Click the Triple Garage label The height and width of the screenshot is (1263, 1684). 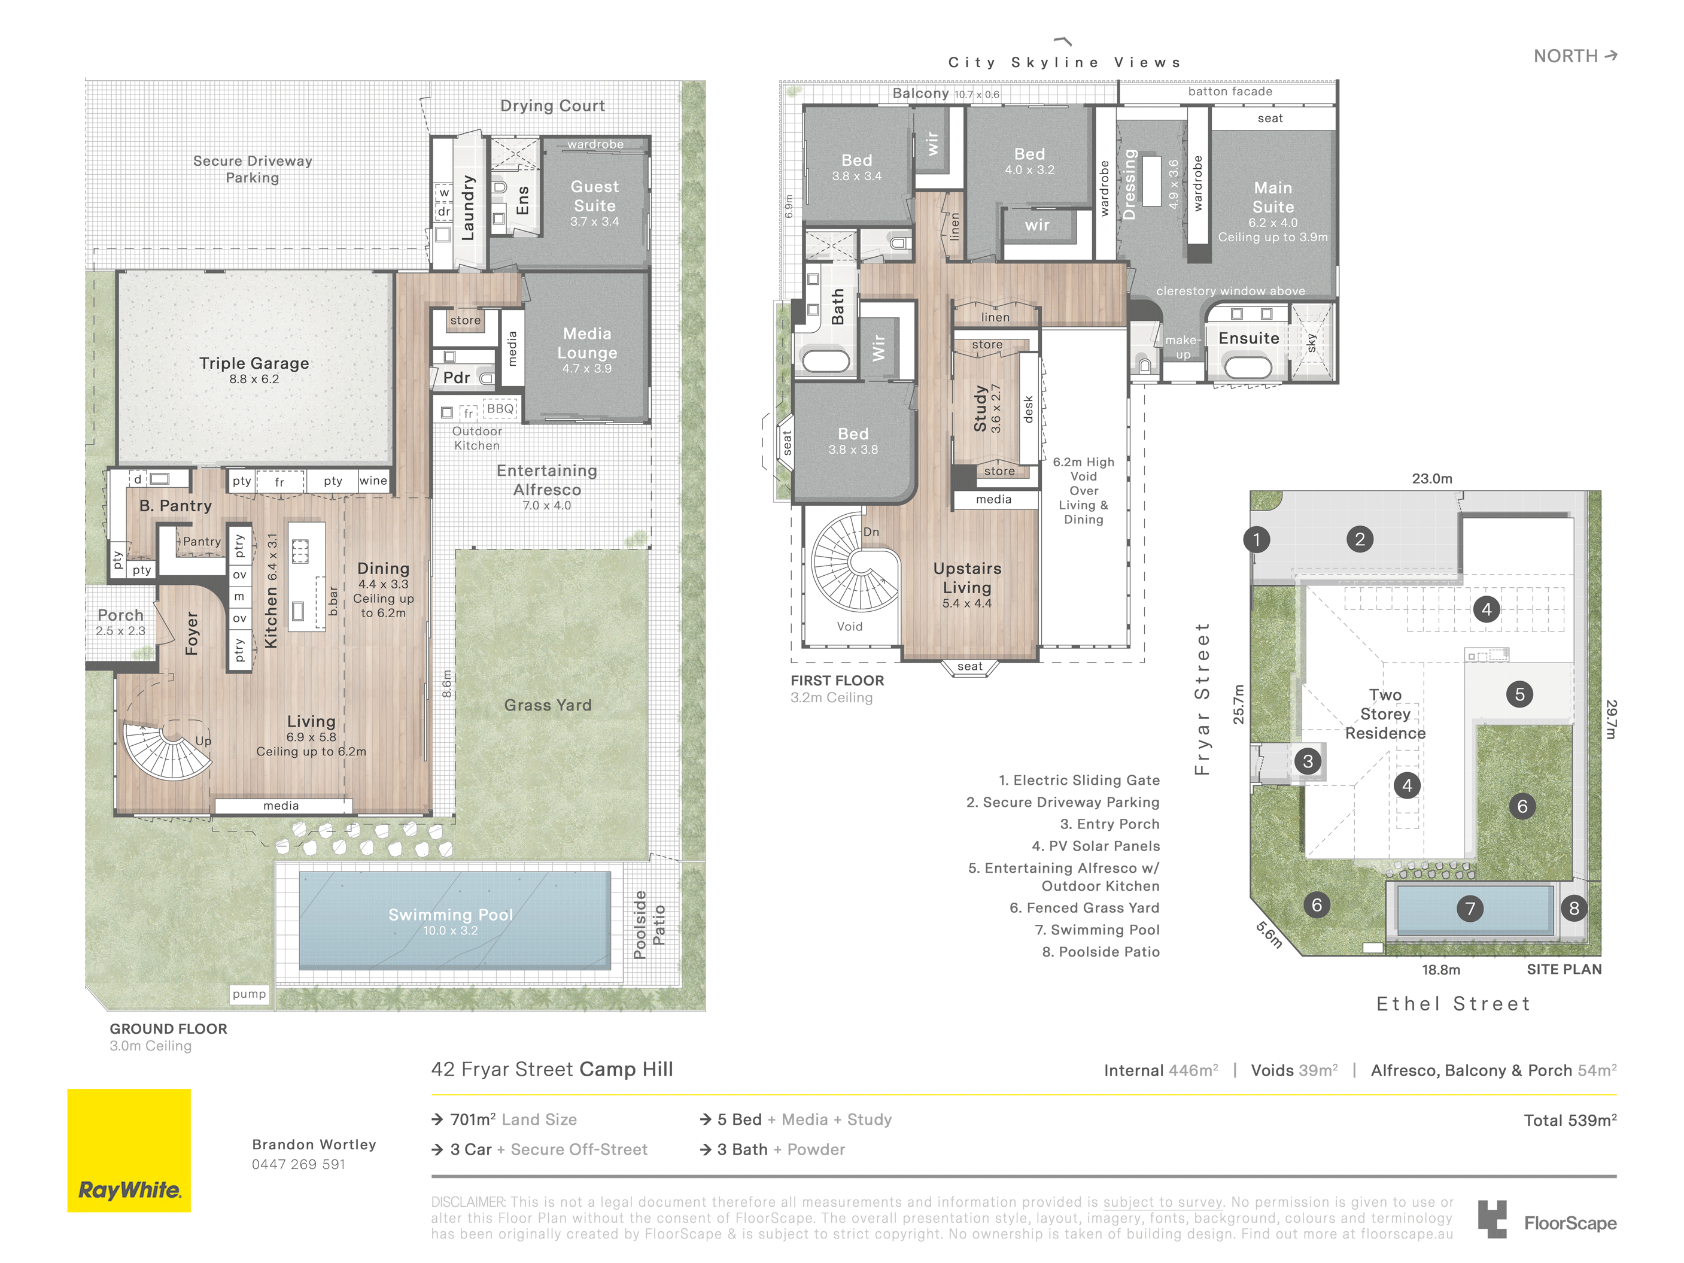pyautogui.click(x=254, y=364)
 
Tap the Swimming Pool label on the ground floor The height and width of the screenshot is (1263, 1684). pyautogui.click(x=451, y=914)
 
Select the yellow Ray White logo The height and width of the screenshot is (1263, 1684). pyautogui.click(x=129, y=1150)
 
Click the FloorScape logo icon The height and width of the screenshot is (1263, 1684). pyautogui.click(x=1492, y=1220)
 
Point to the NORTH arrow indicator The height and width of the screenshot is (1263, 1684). pyautogui.click(x=1610, y=56)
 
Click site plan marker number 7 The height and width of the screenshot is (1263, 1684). pyautogui.click(x=1470, y=908)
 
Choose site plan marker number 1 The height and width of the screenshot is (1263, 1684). pyautogui.click(x=1256, y=540)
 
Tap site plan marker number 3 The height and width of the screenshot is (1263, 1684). pyautogui.click(x=1308, y=761)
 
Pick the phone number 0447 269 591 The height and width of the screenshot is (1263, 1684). pyautogui.click(x=299, y=1164)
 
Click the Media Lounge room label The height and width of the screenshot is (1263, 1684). pyautogui.click(x=587, y=344)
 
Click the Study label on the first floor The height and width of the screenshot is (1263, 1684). pyautogui.click(x=981, y=409)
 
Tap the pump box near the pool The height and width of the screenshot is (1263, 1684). pyautogui.click(x=250, y=994)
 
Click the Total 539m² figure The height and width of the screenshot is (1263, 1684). pyautogui.click(x=1570, y=1121)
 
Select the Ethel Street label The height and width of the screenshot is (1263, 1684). pyautogui.click(x=1454, y=1004)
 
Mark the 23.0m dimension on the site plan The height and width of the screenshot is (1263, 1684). pyautogui.click(x=1432, y=479)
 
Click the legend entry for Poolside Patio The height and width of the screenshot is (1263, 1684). pyautogui.click(x=1101, y=952)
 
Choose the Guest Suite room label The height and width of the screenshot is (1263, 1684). pyautogui.click(x=595, y=196)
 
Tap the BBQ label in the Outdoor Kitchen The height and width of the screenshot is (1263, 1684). pyautogui.click(x=500, y=409)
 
